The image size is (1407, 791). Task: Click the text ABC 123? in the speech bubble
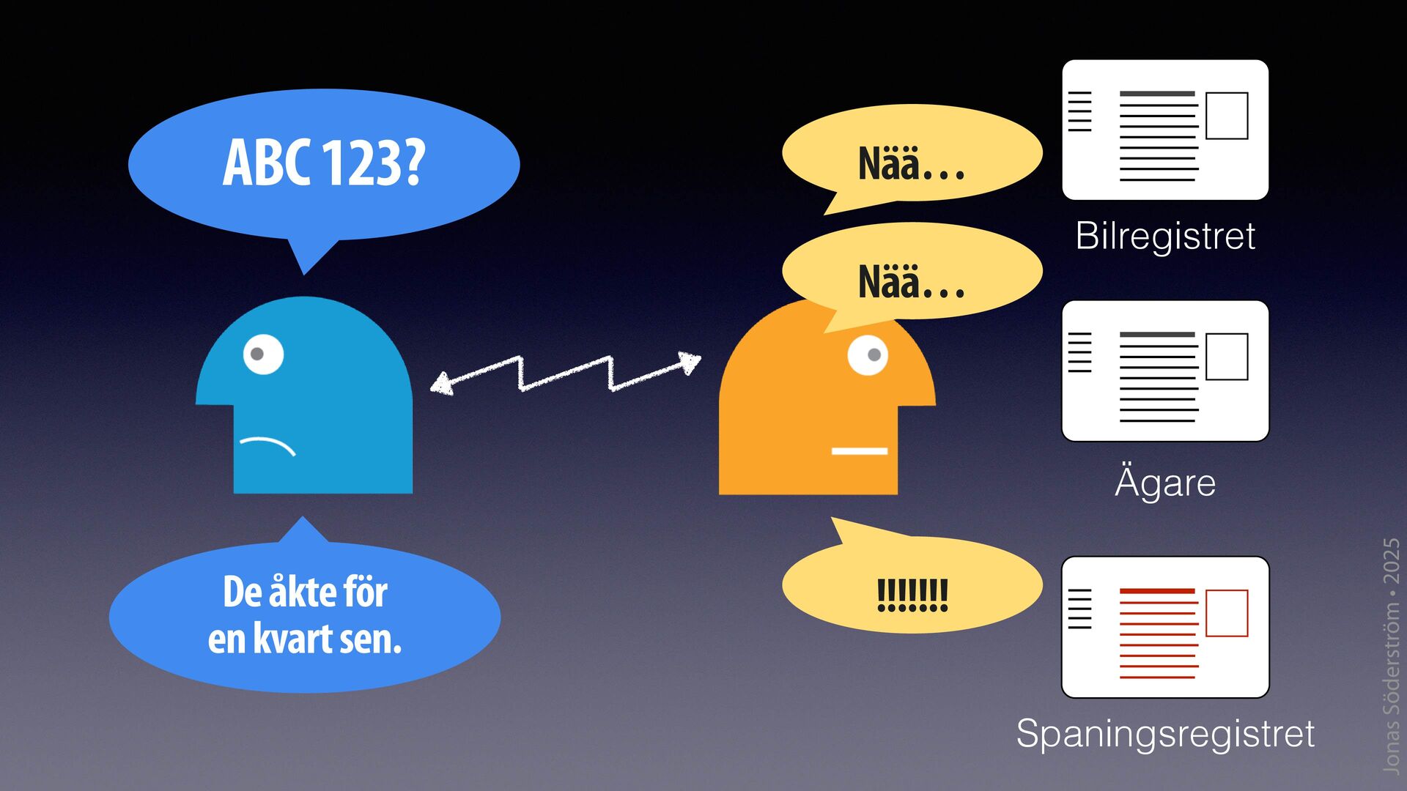click(324, 163)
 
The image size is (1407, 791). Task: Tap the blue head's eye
click(262, 354)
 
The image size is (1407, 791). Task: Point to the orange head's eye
click(868, 355)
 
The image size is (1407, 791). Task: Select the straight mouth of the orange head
click(859, 451)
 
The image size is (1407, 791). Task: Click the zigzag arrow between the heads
click(565, 373)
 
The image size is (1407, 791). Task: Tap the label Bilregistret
click(1165, 236)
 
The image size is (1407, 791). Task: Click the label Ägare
click(1165, 483)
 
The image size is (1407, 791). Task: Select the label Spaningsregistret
click(1165, 733)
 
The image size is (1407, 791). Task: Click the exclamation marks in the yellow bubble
click(912, 595)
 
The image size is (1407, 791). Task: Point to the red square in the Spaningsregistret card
click(1227, 613)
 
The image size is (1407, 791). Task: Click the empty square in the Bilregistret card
click(1227, 116)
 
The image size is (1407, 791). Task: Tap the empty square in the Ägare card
click(1227, 357)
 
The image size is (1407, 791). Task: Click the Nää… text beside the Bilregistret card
click(911, 163)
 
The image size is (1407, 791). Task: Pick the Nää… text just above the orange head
click(911, 282)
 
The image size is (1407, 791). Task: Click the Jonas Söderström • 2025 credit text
click(1391, 656)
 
